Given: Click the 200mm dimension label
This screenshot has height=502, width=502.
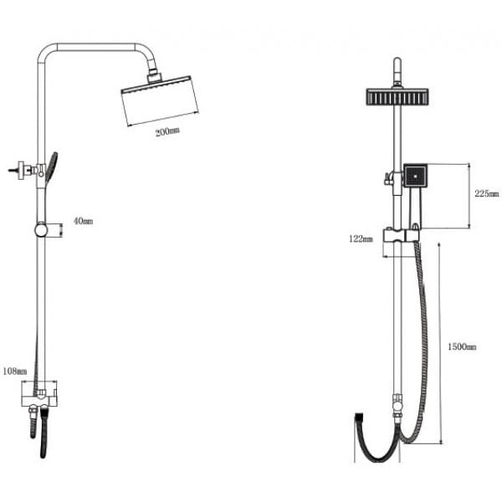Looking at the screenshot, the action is click(x=167, y=131).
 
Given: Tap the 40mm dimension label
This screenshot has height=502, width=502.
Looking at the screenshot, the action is click(x=83, y=221).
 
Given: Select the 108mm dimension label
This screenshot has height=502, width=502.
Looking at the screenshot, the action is click(x=15, y=371).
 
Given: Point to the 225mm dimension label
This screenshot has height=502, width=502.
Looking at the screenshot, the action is click(x=487, y=193).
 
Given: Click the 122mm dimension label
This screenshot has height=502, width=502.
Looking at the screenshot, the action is click(x=361, y=238).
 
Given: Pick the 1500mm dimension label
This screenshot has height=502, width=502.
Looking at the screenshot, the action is click(x=462, y=346).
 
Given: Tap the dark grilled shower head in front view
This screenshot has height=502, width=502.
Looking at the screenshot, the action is click(x=397, y=96).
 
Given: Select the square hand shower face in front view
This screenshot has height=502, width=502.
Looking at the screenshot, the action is click(x=415, y=176).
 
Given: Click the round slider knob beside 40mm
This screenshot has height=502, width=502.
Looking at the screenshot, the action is click(x=41, y=230).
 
